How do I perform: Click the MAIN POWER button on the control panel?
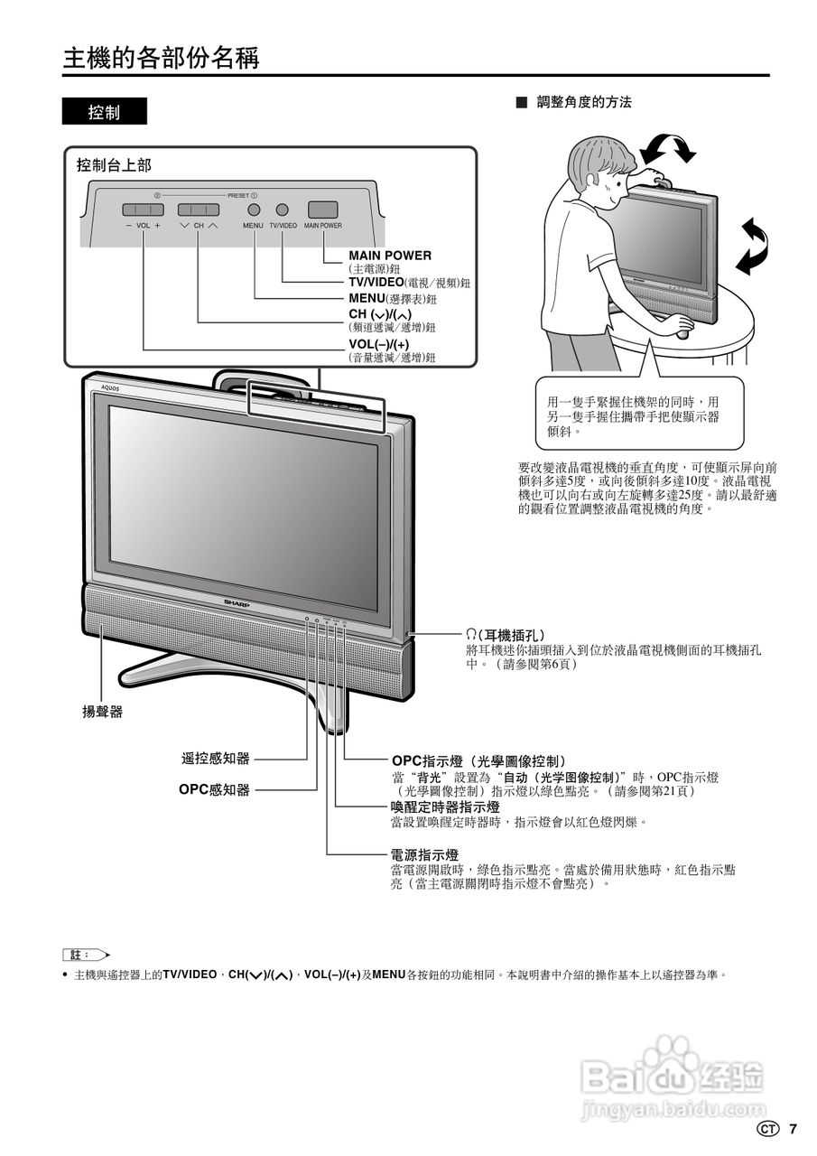pos(322,209)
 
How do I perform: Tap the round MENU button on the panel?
pos(254,209)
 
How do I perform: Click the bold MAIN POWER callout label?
pos(390,256)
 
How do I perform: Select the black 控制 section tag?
pos(104,112)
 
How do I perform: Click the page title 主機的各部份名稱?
pos(161,59)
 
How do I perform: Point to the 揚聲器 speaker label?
pos(103,712)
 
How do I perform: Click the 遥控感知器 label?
pos(216,759)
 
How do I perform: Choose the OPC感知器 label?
pos(214,789)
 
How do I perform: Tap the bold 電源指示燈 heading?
pos(423,854)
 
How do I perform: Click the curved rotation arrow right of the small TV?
pos(751,246)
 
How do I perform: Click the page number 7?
pos(793,1128)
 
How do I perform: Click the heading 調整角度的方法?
pos(583,103)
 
